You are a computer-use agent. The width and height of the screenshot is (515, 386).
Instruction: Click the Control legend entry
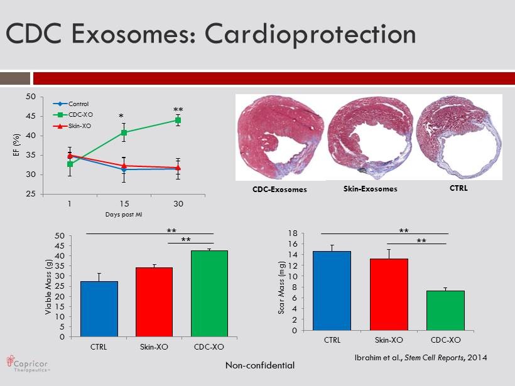point(78,104)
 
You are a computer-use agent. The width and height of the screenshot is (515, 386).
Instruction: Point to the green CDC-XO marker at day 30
point(178,120)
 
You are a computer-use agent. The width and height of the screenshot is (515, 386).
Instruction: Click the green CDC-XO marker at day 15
point(124,132)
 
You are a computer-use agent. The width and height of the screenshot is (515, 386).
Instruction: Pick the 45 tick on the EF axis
point(30,116)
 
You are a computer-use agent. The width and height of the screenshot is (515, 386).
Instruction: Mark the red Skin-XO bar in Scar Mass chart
point(389,294)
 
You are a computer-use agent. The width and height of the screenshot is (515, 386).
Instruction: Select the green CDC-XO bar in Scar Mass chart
point(445,310)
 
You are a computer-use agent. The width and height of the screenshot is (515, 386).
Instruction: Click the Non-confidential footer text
point(260,365)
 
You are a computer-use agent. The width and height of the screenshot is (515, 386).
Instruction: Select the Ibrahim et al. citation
point(420,357)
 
